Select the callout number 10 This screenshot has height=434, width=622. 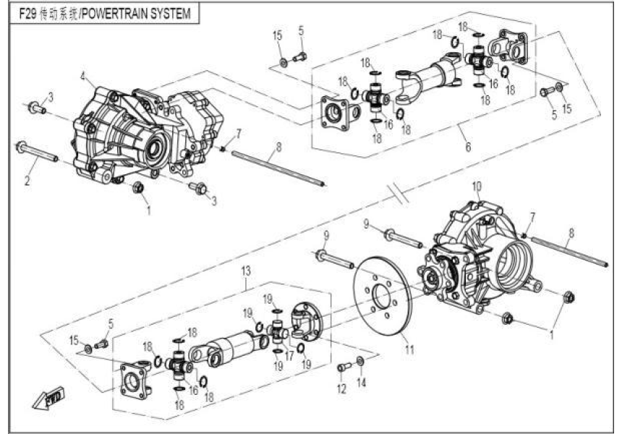(x=476, y=186)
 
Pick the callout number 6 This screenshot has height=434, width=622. (x=468, y=148)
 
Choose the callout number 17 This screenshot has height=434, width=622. (x=291, y=355)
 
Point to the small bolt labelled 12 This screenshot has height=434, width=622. (x=342, y=367)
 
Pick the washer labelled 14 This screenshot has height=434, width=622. (x=361, y=359)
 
